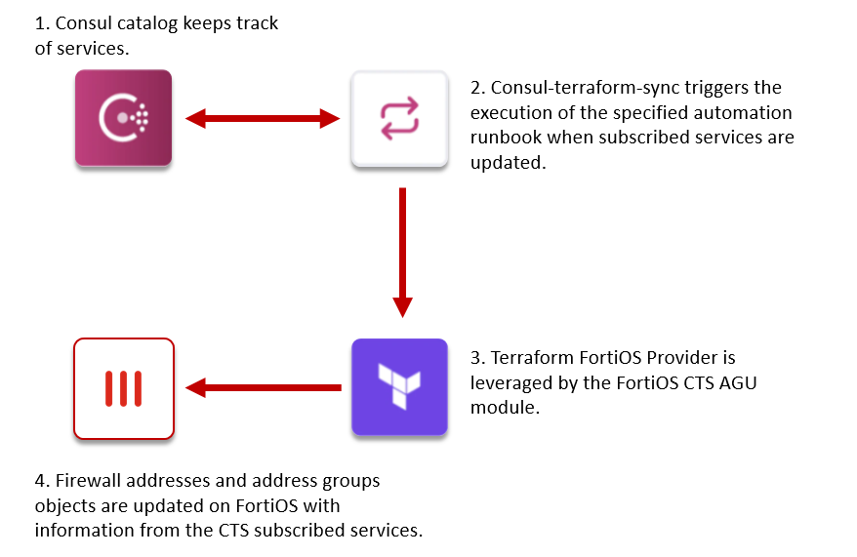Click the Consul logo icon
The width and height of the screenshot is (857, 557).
point(124,118)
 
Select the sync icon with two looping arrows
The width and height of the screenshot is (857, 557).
point(399,118)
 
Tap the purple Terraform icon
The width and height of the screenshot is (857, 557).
point(399,386)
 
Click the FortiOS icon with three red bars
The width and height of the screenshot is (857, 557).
point(124,387)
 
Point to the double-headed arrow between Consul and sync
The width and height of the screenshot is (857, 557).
point(262,119)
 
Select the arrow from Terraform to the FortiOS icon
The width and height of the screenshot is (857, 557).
point(262,387)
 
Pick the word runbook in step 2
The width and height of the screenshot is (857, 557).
point(509,138)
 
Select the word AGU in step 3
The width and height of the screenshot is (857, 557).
point(737,382)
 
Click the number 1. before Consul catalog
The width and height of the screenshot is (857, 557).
point(42,23)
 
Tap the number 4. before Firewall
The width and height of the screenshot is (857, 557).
point(42,481)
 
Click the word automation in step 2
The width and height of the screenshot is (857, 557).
point(743,113)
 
